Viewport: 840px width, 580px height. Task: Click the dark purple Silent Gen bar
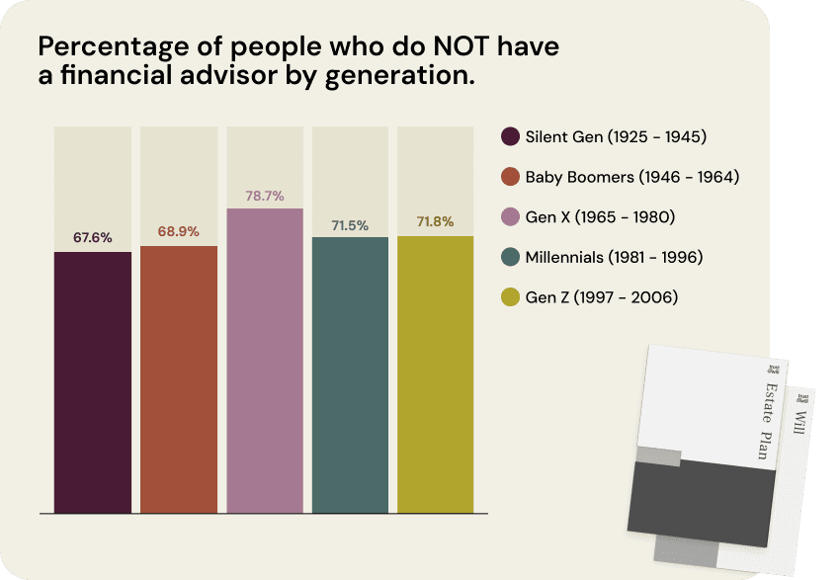[x=93, y=382]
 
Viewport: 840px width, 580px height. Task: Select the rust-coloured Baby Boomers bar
[x=179, y=379]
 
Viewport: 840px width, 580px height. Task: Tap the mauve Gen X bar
[x=265, y=361]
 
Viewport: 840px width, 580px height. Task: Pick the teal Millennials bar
[x=350, y=374]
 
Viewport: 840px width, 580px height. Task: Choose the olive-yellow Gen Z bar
[x=436, y=374]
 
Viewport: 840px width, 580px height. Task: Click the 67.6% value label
[x=93, y=238]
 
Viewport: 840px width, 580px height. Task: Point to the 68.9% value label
[x=179, y=232]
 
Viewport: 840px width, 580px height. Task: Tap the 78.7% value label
[x=265, y=196]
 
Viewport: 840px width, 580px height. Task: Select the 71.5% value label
[x=350, y=225]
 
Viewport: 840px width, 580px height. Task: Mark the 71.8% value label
[x=436, y=222]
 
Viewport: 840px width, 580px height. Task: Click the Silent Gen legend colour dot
[x=511, y=136]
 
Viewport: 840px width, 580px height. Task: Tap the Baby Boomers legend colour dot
[x=511, y=177]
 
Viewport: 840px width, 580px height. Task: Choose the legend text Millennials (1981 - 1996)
[x=614, y=257]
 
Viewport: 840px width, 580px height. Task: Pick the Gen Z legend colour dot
[x=511, y=297]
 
